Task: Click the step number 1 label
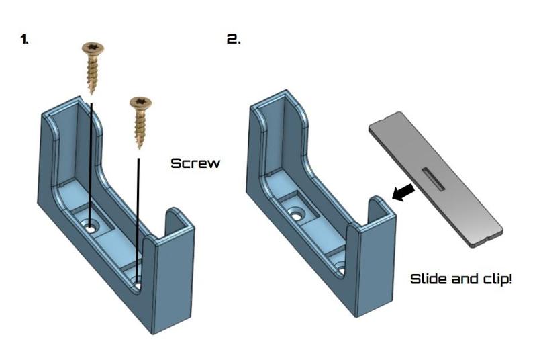tap(25, 39)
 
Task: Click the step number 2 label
tap(234, 39)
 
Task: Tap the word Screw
tap(195, 163)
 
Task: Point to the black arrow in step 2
tap(404, 193)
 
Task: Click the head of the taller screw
tap(93, 49)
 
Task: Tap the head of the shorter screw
tap(140, 103)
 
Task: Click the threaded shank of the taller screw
tap(93, 74)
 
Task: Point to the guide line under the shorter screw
tap(139, 215)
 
